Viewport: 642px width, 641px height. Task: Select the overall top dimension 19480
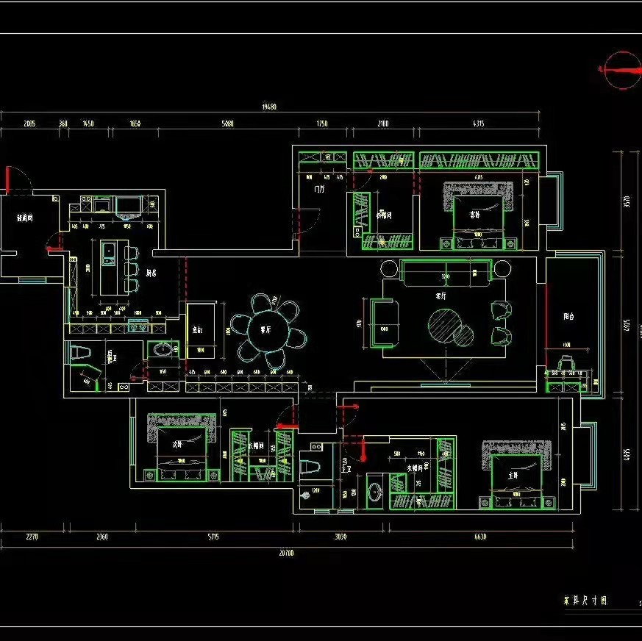click(x=269, y=107)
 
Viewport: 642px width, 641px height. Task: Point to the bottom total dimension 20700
click(x=286, y=553)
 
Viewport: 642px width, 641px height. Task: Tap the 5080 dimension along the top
click(x=228, y=123)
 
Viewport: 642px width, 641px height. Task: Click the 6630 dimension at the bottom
click(x=479, y=537)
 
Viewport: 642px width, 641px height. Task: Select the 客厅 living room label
click(x=441, y=296)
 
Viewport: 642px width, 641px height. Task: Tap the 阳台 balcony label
click(x=568, y=317)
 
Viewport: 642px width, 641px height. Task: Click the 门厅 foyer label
click(x=319, y=189)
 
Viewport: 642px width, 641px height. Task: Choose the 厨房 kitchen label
click(x=151, y=273)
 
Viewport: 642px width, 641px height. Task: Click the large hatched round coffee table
click(x=445, y=323)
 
